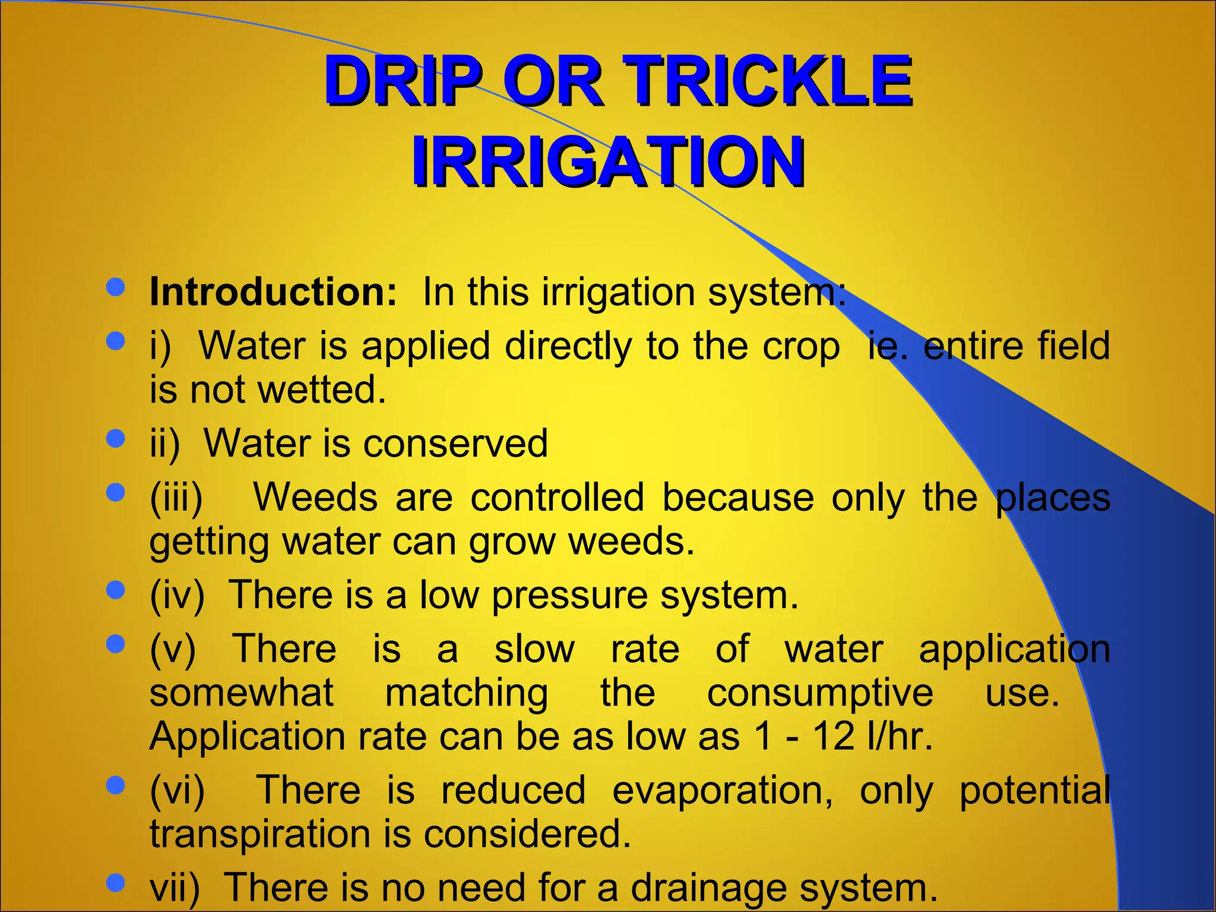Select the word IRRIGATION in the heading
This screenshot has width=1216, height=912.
[x=608, y=161]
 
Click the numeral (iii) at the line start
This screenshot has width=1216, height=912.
[x=176, y=498]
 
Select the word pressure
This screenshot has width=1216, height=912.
[x=569, y=595]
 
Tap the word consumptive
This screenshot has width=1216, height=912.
[x=820, y=693]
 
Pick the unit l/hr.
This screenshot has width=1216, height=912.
[x=899, y=737]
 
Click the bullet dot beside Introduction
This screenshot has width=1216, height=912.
[x=116, y=287]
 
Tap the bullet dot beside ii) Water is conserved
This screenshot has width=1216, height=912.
[x=116, y=439]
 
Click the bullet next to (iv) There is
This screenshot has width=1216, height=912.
[x=116, y=590]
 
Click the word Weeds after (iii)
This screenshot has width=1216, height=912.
[x=315, y=498]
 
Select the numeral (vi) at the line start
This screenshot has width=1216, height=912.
[x=177, y=791]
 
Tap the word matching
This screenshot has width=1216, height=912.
[x=467, y=693]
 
